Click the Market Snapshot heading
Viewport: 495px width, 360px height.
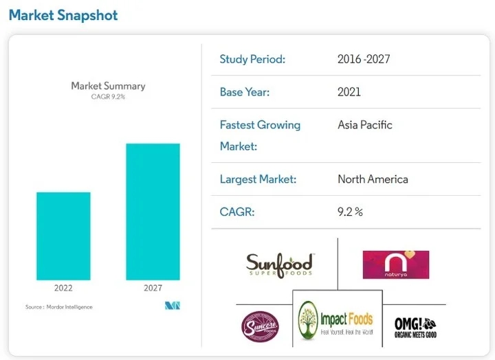[x=63, y=15]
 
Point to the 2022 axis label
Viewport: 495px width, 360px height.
[x=63, y=288]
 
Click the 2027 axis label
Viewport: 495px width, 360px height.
[x=153, y=288]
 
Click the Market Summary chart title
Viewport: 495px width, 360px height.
[x=108, y=86]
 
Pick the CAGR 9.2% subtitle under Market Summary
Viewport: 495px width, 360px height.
[x=108, y=97]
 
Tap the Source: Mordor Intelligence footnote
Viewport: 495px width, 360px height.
[x=58, y=306]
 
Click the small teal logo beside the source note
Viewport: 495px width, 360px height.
[x=173, y=306]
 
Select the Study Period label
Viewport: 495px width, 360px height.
[x=252, y=59]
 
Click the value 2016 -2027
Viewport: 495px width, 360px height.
[x=364, y=59]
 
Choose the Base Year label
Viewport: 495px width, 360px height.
[x=245, y=91]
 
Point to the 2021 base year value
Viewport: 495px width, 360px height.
[x=349, y=91]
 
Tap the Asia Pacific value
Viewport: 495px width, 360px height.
[x=365, y=125]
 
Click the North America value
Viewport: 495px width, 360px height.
[x=373, y=179]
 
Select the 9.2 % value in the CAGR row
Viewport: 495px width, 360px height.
[x=350, y=212]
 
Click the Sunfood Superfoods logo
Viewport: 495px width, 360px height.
[x=279, y=264]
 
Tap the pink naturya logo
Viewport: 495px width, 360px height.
[x=396, y=265]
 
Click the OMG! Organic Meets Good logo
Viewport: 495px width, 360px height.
[x=415, y=325]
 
